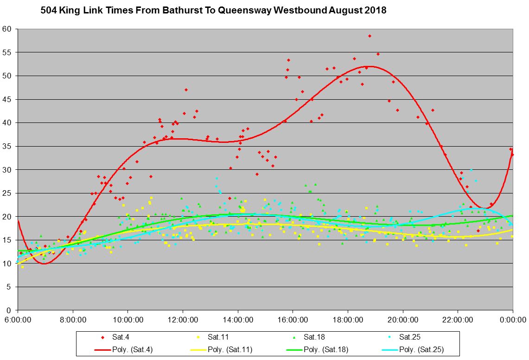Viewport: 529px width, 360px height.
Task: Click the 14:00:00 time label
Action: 238,320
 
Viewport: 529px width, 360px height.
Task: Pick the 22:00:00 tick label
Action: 458,320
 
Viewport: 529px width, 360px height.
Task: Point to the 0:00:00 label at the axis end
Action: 513,320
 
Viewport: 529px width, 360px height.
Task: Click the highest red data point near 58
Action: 370,36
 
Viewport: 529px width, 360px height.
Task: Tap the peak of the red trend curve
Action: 371,66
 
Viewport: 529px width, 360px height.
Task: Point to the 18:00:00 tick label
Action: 348,320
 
